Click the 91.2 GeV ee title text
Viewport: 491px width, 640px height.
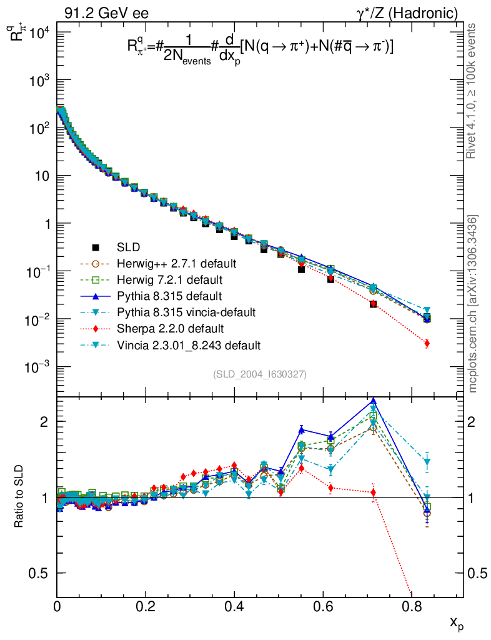(106, 13)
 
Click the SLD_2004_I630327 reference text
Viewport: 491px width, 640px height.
(259, 374)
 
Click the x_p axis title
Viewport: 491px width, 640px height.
(457, 622)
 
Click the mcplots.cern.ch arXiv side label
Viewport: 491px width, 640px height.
(474, 304)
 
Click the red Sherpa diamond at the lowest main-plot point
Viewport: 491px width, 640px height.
(427, 344)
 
